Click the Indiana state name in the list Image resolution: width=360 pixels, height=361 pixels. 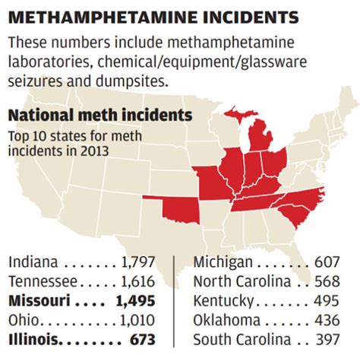point(33,263)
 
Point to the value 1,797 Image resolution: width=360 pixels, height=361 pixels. point(137,263)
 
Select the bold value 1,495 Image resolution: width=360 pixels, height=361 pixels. point(137,301)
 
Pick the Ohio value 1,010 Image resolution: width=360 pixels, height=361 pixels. point(137,320)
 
